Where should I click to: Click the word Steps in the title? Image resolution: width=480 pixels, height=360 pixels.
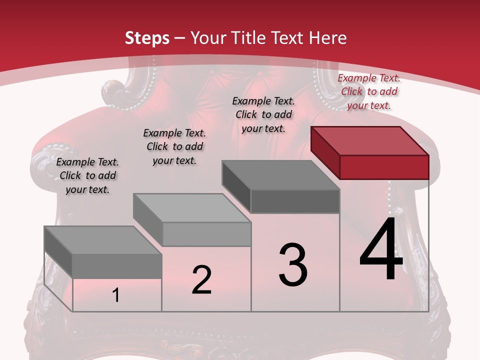click(147, 38)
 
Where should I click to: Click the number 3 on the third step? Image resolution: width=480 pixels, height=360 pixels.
click(293, 264)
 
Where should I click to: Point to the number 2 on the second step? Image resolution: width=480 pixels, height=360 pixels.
click(201, 280)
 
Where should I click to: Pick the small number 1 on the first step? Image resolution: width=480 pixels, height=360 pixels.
click(116, 295)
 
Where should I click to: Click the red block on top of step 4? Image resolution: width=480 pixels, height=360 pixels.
click(370, 141)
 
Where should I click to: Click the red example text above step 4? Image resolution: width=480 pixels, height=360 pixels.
click(369, 91)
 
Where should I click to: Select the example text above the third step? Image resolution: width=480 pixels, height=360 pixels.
click(263, 114)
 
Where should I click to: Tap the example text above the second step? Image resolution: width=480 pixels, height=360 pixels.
click(174, 146)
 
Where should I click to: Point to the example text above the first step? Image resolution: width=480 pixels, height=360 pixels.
click(87, 175)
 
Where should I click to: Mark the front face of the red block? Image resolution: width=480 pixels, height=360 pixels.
click(384, 167)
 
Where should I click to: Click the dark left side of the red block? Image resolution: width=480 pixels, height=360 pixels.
click(325, 152)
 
